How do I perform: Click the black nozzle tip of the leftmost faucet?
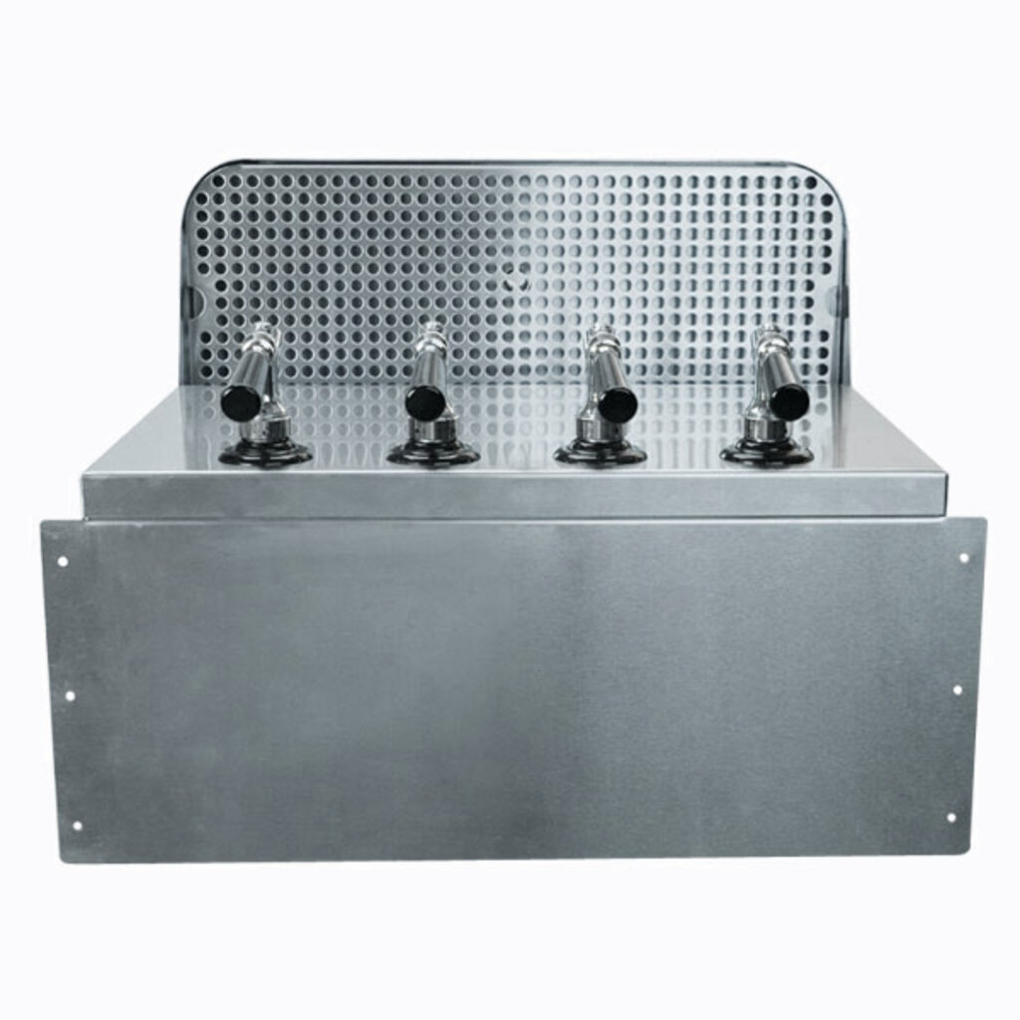point(240,402)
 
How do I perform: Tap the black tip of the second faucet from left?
point(424,402)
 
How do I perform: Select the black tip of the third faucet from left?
point(618,403)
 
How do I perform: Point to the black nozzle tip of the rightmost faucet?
point(789,401)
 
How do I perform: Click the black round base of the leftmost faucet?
point(265,453)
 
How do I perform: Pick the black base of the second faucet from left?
point(433,453)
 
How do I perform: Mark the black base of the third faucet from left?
point(600,453)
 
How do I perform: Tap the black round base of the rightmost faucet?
point(766,453)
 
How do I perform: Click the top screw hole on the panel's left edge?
point(63,561)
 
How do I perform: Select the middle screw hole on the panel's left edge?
point(69,694)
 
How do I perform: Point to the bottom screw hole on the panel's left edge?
point(76,825)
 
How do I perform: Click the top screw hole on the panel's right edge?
point(963,558)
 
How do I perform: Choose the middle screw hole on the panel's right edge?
point(957,689)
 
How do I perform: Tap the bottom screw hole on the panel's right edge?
point(950,818)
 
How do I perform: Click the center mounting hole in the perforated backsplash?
point(513,282)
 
